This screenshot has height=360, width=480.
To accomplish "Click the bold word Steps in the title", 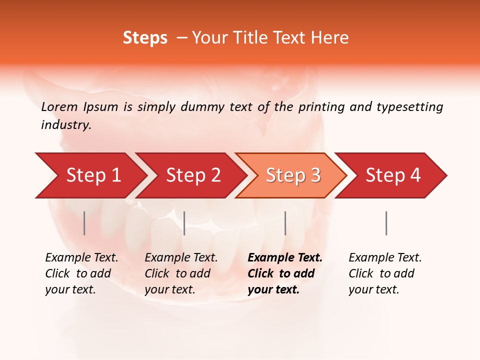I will pyautogui.click(x=145, y=38).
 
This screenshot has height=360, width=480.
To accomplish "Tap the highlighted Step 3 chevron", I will pyautogui.click(x=292, y=175).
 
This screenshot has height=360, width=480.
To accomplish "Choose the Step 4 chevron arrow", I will pyautogui.click(x=392, y=175).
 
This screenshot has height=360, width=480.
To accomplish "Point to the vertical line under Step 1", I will pyautogui.click(x=84, y=223).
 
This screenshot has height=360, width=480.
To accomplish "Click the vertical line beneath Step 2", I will pyautogui.click(x=184, y=223).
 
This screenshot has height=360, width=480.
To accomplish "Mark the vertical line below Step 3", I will pyautogui.click(x=285, y=223).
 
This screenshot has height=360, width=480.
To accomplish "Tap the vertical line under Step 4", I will pyautogui.click(x=386, y=223).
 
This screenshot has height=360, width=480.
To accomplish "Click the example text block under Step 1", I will pyautogui.click(x=81, y=273).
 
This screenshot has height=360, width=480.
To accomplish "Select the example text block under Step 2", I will pyautogui.click(x=181, y=273).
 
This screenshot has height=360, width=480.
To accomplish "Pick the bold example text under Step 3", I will pyautogui.click(x=285, y=273).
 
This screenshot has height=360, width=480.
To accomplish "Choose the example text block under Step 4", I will pyautogui.click(x=385, y=273).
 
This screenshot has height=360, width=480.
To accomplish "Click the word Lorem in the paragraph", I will pyautogui.click(x=59, y=106).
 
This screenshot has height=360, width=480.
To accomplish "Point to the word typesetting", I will pyautogui.click(x=409, y=107).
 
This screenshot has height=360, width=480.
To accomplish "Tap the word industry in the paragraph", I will pyautogui.click(x=66, y=125).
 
